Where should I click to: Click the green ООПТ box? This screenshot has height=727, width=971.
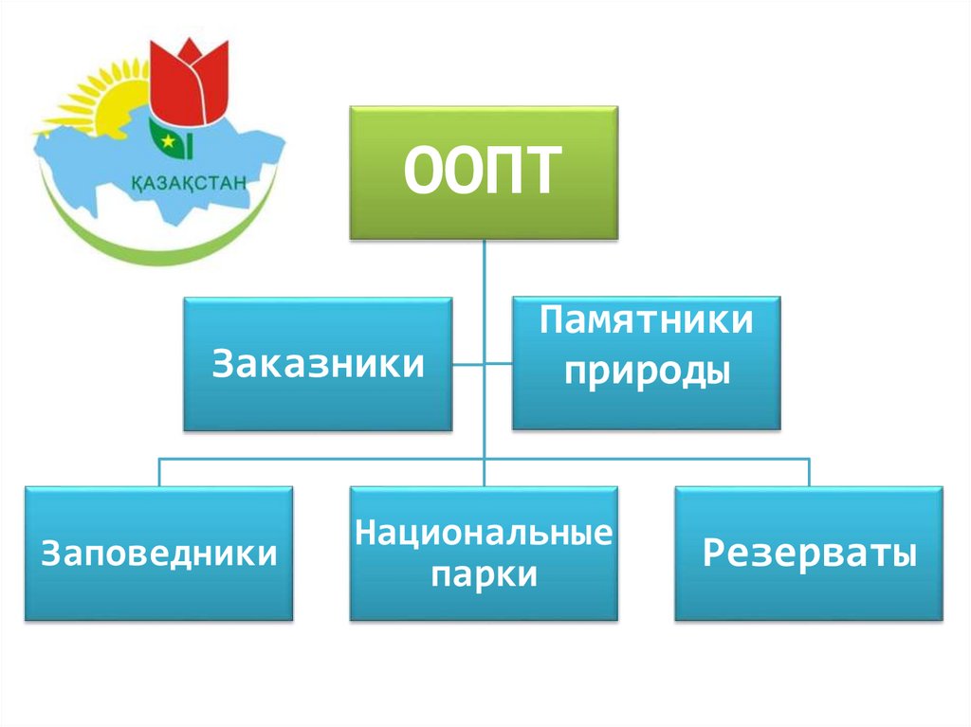(x=484, y=173)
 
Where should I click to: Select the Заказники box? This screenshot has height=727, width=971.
(x=318, y=365)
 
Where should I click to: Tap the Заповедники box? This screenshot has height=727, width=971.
(x=158, y=554)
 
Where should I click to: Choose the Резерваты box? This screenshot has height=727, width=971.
(x=809, y=554)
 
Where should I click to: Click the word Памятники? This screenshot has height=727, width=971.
(x=648, y=321)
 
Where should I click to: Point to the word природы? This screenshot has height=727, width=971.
(x=648, y=369)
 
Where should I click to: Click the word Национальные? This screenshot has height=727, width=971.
(x=484, y=533)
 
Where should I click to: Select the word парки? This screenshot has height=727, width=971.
(x=484, y=574)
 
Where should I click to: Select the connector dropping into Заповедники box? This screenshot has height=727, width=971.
(x=158, y=473)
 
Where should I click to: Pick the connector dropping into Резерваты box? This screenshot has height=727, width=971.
(x=809, y=473)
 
